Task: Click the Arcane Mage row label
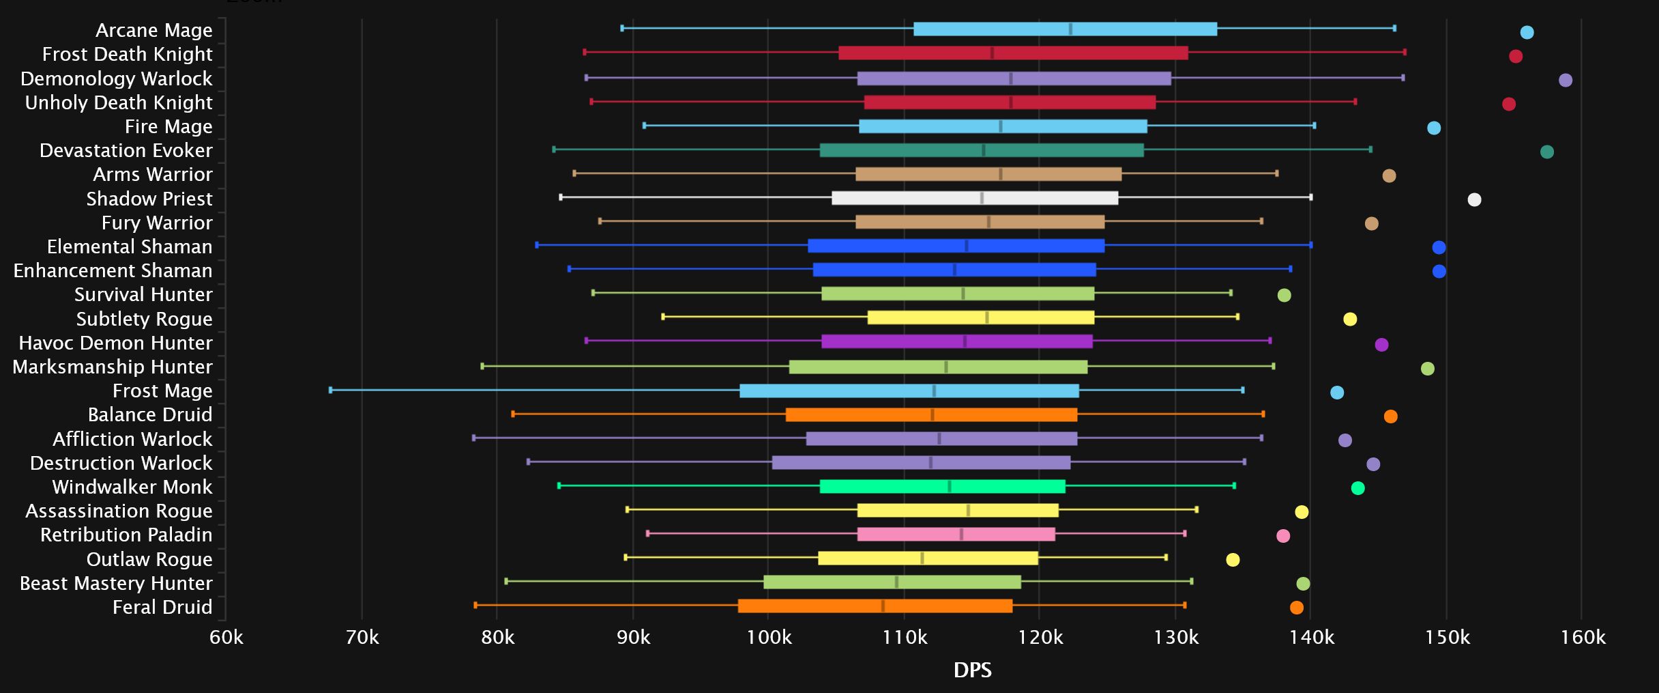(x=153, y=30)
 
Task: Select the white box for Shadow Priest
(x=975, y=198)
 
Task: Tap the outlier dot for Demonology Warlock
(x=1566, y=81)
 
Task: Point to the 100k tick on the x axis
(x=769, y=638)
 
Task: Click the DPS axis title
(x=972, y=670)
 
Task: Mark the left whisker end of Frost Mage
(x=331, y=390)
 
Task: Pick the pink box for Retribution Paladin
(x=956, y=534)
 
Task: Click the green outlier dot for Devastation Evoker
(x=1547, y=152)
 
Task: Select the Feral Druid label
(x=162, y=607)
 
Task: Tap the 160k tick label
(x=1583, y=638)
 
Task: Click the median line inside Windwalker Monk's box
(x=950, y=486)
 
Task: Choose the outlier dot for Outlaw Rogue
(x=1233, y=560)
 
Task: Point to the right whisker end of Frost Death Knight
(x=1405, y=53)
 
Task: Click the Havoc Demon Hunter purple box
(x=956, y=341)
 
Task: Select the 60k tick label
(x=226, y=638)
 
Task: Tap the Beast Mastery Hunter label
(x=116, y=583)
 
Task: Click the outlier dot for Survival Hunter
(x=1284, y=295)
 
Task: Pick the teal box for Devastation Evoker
(x=982, y=150)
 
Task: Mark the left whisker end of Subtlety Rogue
(x=663, y=317)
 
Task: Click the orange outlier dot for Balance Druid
(x=1390, y=416)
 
